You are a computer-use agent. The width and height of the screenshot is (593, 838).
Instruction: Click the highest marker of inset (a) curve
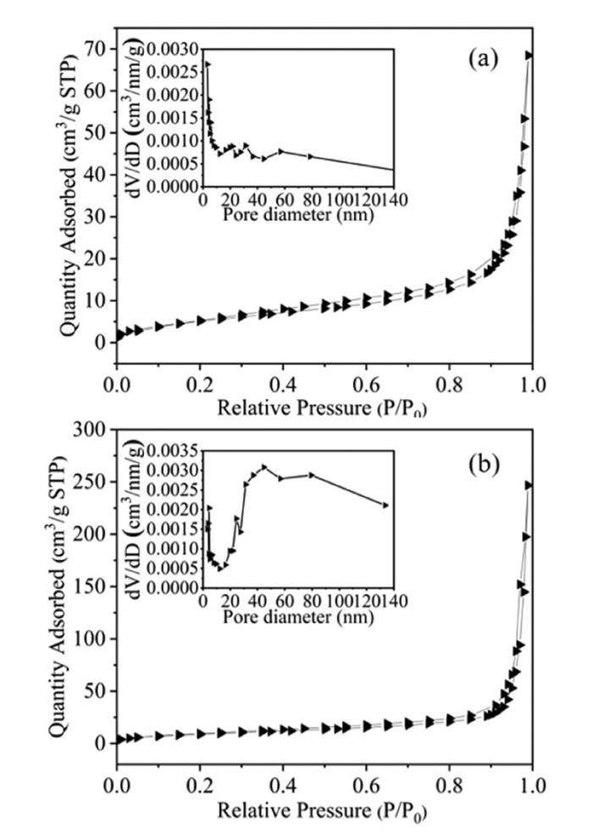click(x=208, y=64)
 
